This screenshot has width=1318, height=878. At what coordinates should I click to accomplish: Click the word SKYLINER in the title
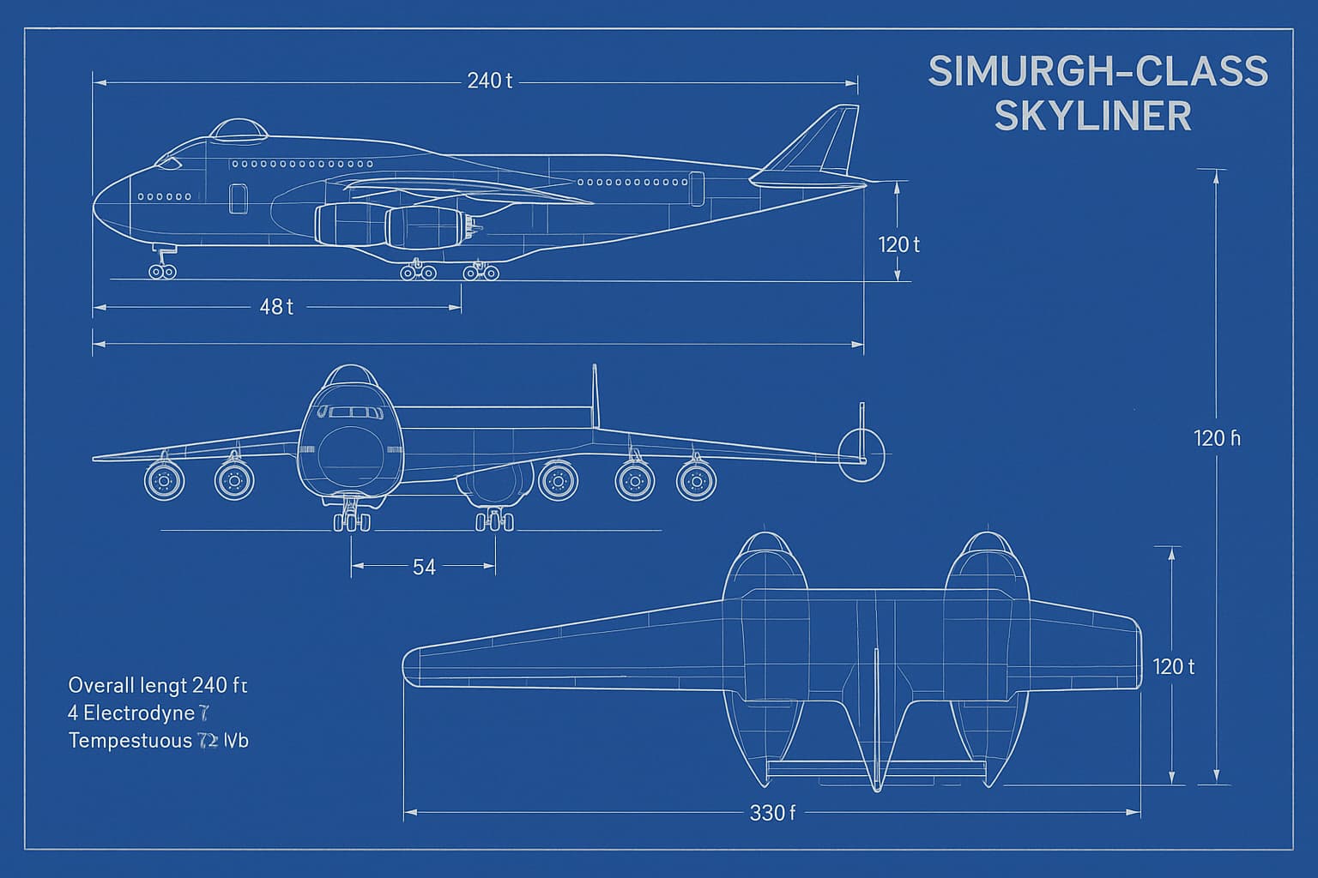(1093, 116)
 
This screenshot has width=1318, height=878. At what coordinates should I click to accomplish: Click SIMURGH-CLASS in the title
(1097, 71)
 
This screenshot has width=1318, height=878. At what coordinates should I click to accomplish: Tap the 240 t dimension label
(490, 81)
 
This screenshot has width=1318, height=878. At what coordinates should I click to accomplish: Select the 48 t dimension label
(276, 307)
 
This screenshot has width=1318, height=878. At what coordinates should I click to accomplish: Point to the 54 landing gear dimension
(424, 567)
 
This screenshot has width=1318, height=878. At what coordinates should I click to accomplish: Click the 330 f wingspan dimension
(772, 812)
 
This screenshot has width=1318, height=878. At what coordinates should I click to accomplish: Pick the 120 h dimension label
(1217, 438)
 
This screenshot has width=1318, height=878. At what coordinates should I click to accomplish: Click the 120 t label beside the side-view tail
(898, 244)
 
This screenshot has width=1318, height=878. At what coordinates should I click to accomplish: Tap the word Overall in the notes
(101, 685)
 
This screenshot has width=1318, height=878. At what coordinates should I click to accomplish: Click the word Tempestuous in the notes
(130, 740)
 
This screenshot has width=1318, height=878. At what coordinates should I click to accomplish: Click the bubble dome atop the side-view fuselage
(239, 129)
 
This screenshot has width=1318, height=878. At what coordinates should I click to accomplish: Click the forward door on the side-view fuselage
(238, 198)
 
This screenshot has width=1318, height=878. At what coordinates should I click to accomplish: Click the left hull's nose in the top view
(760, 549)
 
